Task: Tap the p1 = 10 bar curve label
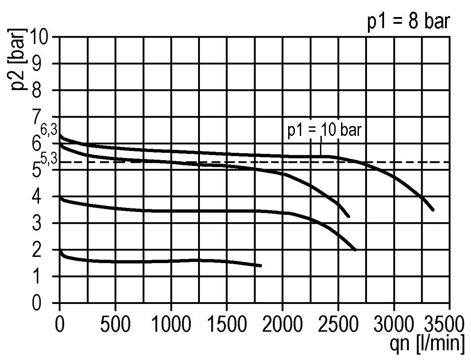pos(324,131)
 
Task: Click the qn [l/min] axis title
pos(428,343)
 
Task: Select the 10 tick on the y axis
pos(43,37)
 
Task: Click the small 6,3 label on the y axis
pos(48,130)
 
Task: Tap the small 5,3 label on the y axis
pos(48,158)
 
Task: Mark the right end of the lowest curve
pos(260,266)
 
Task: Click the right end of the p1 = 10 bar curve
pos(432,209)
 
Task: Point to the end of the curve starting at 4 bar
pos(355,249)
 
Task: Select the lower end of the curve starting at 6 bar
pos(348,216)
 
